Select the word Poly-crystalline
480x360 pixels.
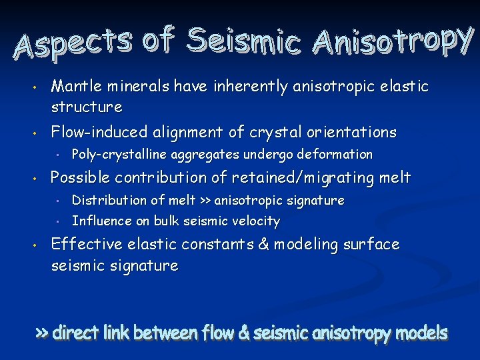[x=119, y=155]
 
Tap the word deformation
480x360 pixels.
[x=335, y=155]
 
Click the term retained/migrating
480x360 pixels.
[x=319, y=178]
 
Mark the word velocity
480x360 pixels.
[x=255, y=221]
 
